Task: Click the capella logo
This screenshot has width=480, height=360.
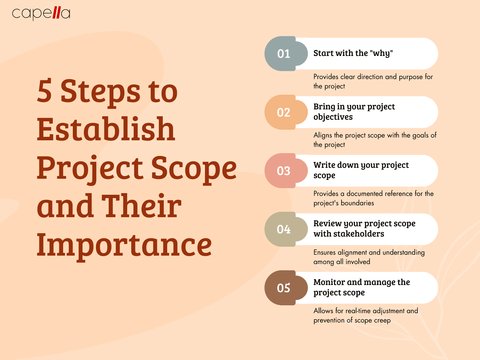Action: click(41, 13)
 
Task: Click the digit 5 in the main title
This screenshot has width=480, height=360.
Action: click(44, 91)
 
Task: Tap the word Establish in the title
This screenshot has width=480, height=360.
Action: click(106, 129)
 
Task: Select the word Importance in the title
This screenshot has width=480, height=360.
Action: click(124, 245)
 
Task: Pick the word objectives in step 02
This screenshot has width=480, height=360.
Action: click(333, 117)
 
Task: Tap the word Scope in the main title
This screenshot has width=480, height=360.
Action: click(194, 168)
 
